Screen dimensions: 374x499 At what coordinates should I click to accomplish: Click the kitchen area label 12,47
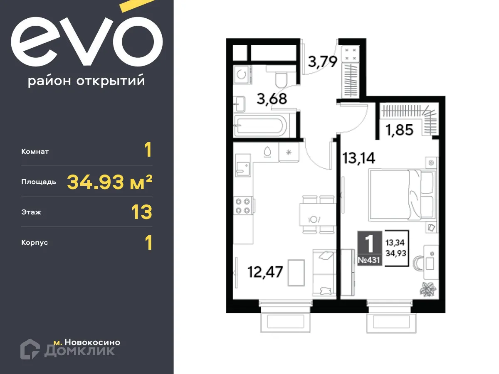pos(265,272)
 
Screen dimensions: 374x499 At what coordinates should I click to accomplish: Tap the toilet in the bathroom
pos(282,77)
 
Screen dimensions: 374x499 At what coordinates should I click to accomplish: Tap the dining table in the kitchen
pos(316,214)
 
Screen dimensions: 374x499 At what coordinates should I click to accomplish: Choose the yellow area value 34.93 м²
pos(109,182)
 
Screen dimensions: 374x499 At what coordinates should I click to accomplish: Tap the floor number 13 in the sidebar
pos(142,212)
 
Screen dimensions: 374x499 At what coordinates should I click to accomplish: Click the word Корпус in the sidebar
pos(35,242)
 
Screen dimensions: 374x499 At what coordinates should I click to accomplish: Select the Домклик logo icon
pos(30,349)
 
